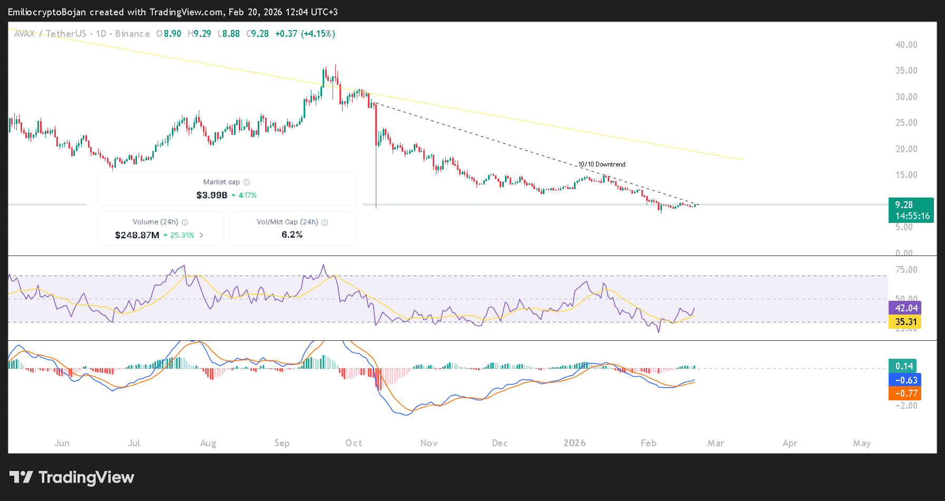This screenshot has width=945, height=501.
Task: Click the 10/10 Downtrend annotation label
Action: pyautogui.click(x=601, y=164)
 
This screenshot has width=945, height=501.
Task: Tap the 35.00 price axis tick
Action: pyautogui.click(x=906, y=71)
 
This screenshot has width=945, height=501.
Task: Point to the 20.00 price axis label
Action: pyautogui.click(x=906, y=149)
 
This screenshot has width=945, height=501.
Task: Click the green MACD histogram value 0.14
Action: pyautogui.click(x=903, y=366)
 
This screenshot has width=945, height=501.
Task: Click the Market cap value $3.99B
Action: pyautogui.click(x=211, y=195)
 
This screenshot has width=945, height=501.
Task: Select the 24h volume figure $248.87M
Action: pyautogui.click(x=137, y=235)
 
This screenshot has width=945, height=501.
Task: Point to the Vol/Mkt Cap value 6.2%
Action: pyautogui.click(x=292, y=234)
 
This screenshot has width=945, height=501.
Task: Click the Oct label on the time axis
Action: pyautogui.click(x=354, y=443)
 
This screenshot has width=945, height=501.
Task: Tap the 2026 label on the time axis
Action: pyautogui.click(x=574, y=443)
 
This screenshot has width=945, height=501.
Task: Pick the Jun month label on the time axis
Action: pyautogui.click(x=62, y=443)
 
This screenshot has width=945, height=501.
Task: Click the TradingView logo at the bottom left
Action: pyautogui.click(x=72, y=477)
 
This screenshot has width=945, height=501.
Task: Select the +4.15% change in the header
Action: pyautogui.click(x=318, y=34)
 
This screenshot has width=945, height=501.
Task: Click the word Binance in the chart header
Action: pyautogui.click(x=132, y=34)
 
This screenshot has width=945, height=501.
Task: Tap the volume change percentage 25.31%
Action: pyautogui.click(x=182, y=235)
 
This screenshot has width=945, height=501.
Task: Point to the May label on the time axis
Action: pyautogui.click(x=862, y=443)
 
